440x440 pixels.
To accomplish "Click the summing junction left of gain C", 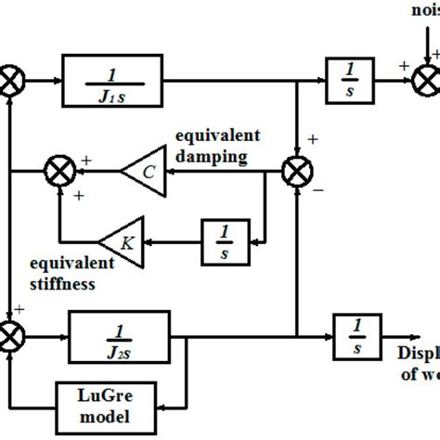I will pyautogui.click(x=60, y=171).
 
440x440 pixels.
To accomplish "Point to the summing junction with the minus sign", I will pyautogui.click(x=296, y=171).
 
